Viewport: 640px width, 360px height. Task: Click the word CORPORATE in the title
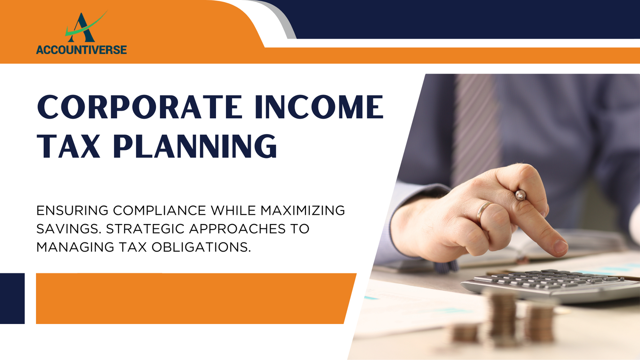pyautogui.click(x=140, y=107)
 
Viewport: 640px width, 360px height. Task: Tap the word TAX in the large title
pyautogui.click(x=69, y=146)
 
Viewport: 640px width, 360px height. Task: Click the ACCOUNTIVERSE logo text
pyautogui.click(x=82, y=50)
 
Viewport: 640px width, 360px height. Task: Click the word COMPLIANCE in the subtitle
pyautogui.click(x=160, y=210)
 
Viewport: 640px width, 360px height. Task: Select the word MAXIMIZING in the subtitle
pyautogui.click(x=302, y=210)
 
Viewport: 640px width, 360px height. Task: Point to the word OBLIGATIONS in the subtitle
pyautogui.click(x=201, y=247)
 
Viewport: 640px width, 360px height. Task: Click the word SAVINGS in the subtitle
pyautogui.click(x=69, y=229)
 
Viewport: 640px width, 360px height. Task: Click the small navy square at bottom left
pyautogui.click(x=12, y=298)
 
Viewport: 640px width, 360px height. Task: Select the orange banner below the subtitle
pyautogui.click(x=196, y=298)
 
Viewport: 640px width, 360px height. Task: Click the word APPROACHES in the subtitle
pyautogui.click(x=237, y=229)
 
